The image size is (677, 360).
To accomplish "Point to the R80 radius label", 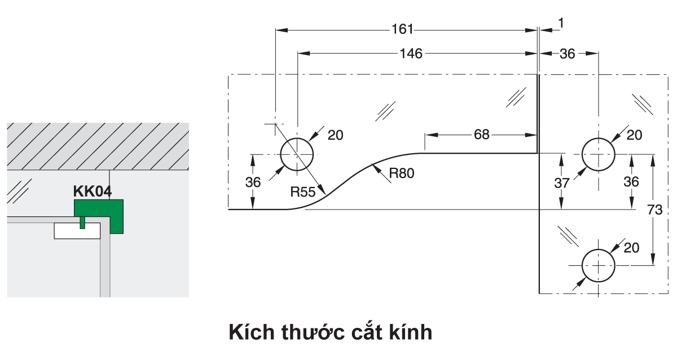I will coord(402,174).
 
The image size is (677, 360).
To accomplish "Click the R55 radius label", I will coord(303,192).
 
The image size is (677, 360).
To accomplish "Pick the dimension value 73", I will coord(655,210).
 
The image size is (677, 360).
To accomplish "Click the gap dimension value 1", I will coord(560,23).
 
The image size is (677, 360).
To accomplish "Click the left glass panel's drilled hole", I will coord(297,154).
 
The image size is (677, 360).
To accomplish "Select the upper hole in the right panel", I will coord(599,154).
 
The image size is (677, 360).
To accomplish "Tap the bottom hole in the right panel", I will coord(599,265).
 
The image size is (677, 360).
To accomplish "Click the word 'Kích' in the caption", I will coord(252,332).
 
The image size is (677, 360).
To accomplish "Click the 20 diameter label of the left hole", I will coord(335,135).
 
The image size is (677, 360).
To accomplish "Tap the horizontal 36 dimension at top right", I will coord(567,54).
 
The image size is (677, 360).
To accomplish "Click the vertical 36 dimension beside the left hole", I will coord(253,181).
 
